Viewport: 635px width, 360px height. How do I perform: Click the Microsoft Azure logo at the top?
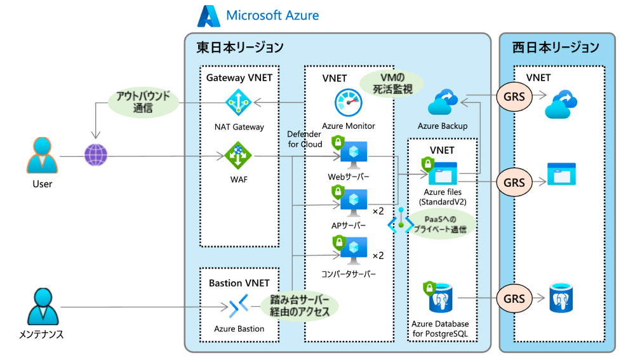pyautogui.click(x=209, y=16)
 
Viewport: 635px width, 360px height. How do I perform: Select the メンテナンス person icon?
pyautogui.click(x=43, y=307)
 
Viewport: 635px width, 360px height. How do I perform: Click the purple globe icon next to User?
pyautogui.click(x=96, y=155)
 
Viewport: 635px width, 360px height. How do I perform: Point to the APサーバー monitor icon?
pyautogui.click(x=352, y=203)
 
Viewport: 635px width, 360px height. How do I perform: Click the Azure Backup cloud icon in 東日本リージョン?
pyautogui.click(x=443, y=103)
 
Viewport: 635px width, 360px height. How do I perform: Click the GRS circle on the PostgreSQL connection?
pyautogui.click(x=514, y=298)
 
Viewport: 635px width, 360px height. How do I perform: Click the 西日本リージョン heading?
pyautogui.click(x=556, y=48)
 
